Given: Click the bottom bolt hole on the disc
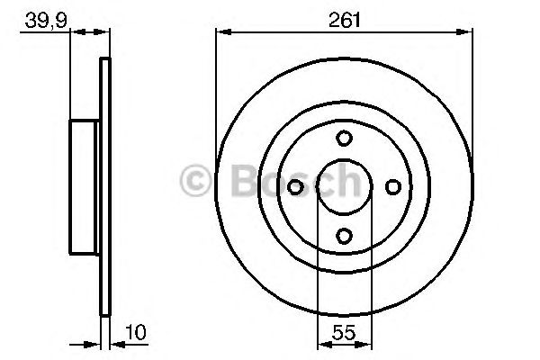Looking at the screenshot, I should [344, 235].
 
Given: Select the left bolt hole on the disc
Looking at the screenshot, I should [295, 186].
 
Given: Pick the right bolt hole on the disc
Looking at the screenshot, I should [392, 186].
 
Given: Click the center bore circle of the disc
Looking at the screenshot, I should [344, 186].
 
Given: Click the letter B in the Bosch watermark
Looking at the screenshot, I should [236, 183].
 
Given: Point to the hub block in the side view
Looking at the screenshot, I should [85, 186].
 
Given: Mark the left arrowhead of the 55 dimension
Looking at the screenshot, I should [322, 343].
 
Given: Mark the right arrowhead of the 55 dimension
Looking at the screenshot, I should [365, 343].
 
